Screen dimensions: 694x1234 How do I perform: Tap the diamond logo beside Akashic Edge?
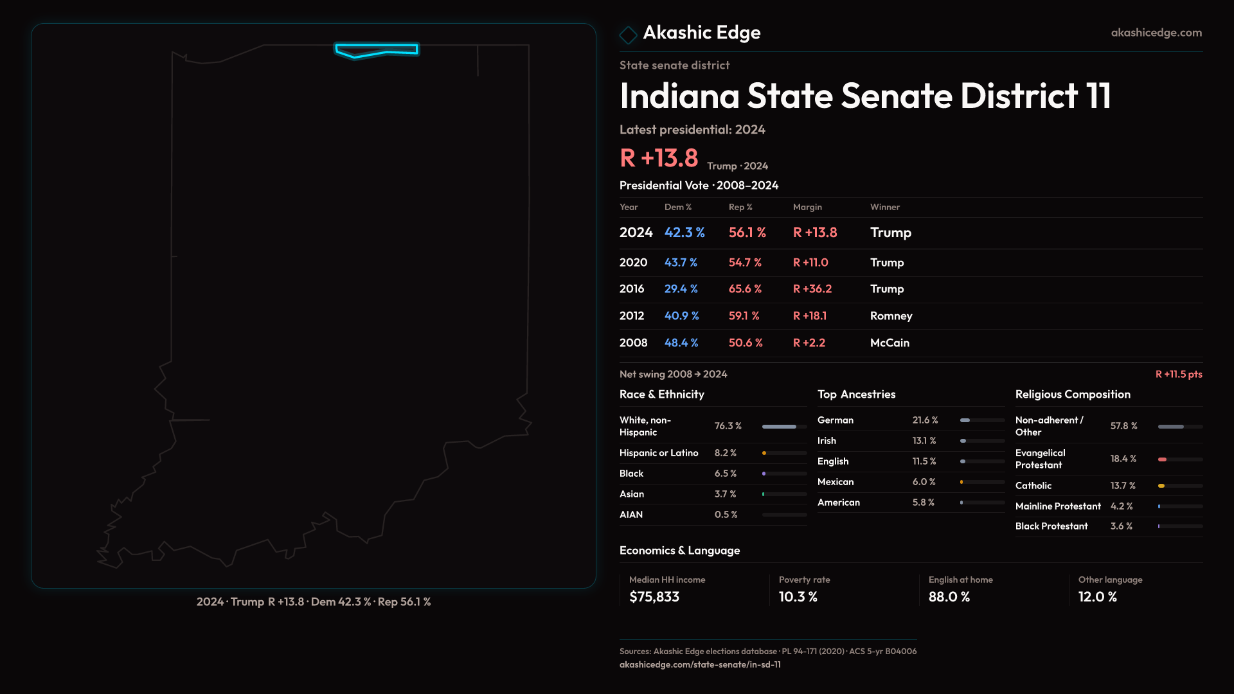(628, 35)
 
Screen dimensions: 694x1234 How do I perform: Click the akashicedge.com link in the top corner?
(1156, 33)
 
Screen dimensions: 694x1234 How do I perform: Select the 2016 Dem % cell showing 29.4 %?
(681, 289)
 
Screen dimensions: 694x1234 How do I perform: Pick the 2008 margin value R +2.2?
(809, 343)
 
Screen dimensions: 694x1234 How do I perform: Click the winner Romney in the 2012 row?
(891, 316)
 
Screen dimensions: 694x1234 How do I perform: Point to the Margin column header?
(807, 207)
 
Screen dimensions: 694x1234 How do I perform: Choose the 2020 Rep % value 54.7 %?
(745, 263)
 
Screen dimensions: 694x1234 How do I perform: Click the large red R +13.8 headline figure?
(659, 158)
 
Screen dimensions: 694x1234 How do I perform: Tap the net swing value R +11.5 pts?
(1178, 374)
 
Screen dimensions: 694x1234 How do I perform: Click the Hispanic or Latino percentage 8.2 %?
(726, 453)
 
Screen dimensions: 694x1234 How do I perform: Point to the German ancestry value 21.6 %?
(925, 420)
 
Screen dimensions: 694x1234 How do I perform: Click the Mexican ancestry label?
(836, 482)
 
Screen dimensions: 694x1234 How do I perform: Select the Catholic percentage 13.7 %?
(1123, 486)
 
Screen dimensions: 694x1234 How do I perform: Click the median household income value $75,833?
(654, 597)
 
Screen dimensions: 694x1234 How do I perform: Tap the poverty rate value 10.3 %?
(798, 597)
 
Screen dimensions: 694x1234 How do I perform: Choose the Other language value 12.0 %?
(1097, 597)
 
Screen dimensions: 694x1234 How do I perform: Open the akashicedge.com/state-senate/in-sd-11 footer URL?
(700, 664)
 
